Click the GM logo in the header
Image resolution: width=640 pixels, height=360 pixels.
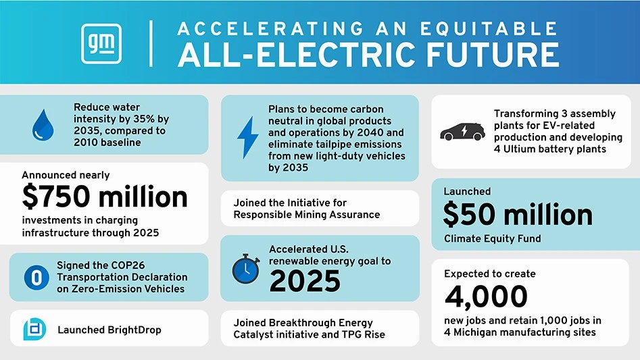pos(101,44)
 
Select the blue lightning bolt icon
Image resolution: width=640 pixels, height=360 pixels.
pos(247,137)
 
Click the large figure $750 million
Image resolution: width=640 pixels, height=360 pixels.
pos(105,197)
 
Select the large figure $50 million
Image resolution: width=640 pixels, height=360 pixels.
pos(518,214)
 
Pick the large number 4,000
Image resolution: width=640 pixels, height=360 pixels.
pos(486,296)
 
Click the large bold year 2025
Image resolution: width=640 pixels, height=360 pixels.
pos(305,281)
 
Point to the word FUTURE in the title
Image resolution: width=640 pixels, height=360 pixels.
pos(499,55)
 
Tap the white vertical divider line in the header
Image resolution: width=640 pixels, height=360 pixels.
pos(151,44)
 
